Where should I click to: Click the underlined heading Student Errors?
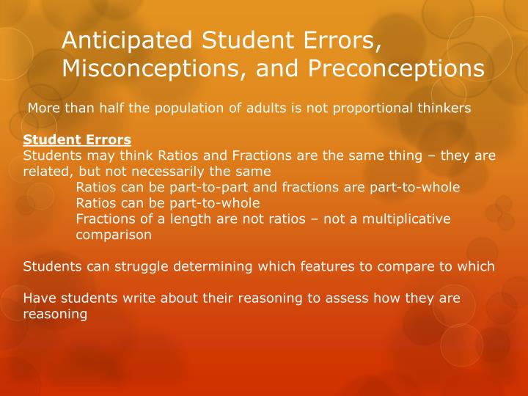click(x=77, y=139)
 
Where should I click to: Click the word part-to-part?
click(x=187, y=188)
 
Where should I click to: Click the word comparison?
click(x=114, y=235)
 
